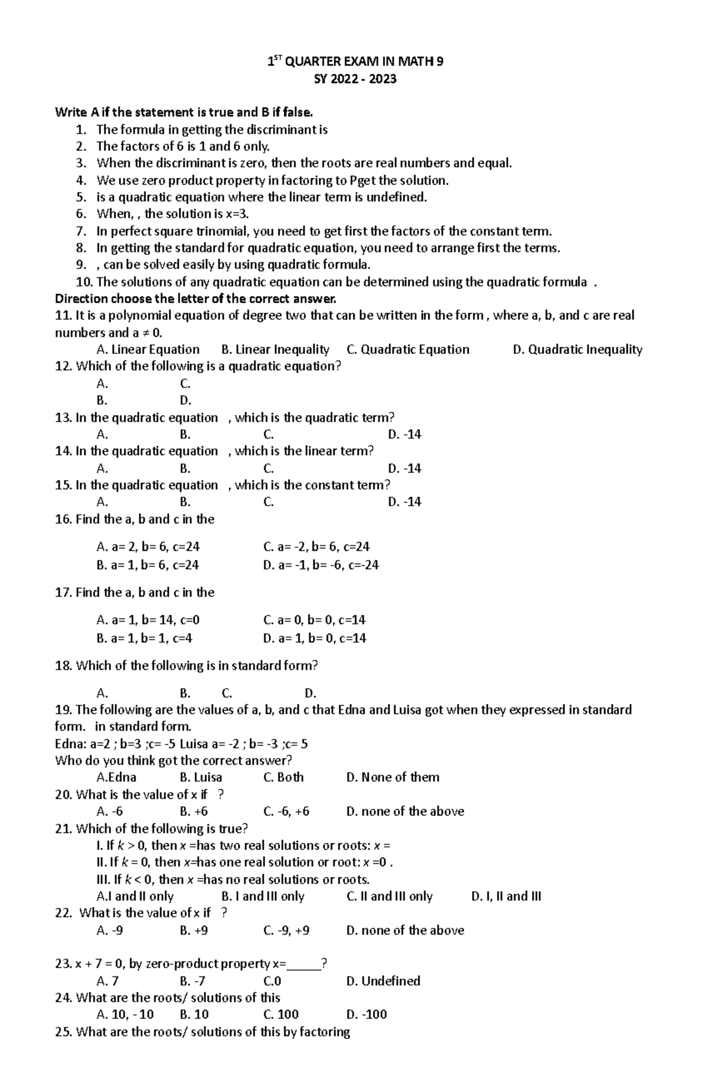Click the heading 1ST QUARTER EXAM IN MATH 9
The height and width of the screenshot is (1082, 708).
click(x=355, y=61)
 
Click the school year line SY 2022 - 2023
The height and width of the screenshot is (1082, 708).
click(x=355, y=79)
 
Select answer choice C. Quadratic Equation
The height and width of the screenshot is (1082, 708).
click(x=408, y=350)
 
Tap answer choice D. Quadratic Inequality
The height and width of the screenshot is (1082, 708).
click(x=578, y=350)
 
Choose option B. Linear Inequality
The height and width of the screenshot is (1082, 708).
click(x=275, y=350)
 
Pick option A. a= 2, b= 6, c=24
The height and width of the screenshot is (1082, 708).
click(x=147, y=547)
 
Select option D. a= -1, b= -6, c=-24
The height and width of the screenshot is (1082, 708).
click(x=321, y=565)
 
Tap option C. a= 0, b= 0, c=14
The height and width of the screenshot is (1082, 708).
click(x=314, y=620)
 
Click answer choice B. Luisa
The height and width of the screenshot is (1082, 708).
click(x=201, y=777)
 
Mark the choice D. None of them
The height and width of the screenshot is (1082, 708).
click(x=392, y=777)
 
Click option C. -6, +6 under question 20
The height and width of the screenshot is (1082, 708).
click(x=286, y=811)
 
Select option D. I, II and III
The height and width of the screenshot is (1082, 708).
click(x=506, y=896)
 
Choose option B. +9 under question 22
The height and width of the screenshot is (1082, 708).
click(x=194, y=930)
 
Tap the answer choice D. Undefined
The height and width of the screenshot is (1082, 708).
click(x=383, y=981)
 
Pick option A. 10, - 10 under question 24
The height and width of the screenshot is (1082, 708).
click(x=124, y=1014)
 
